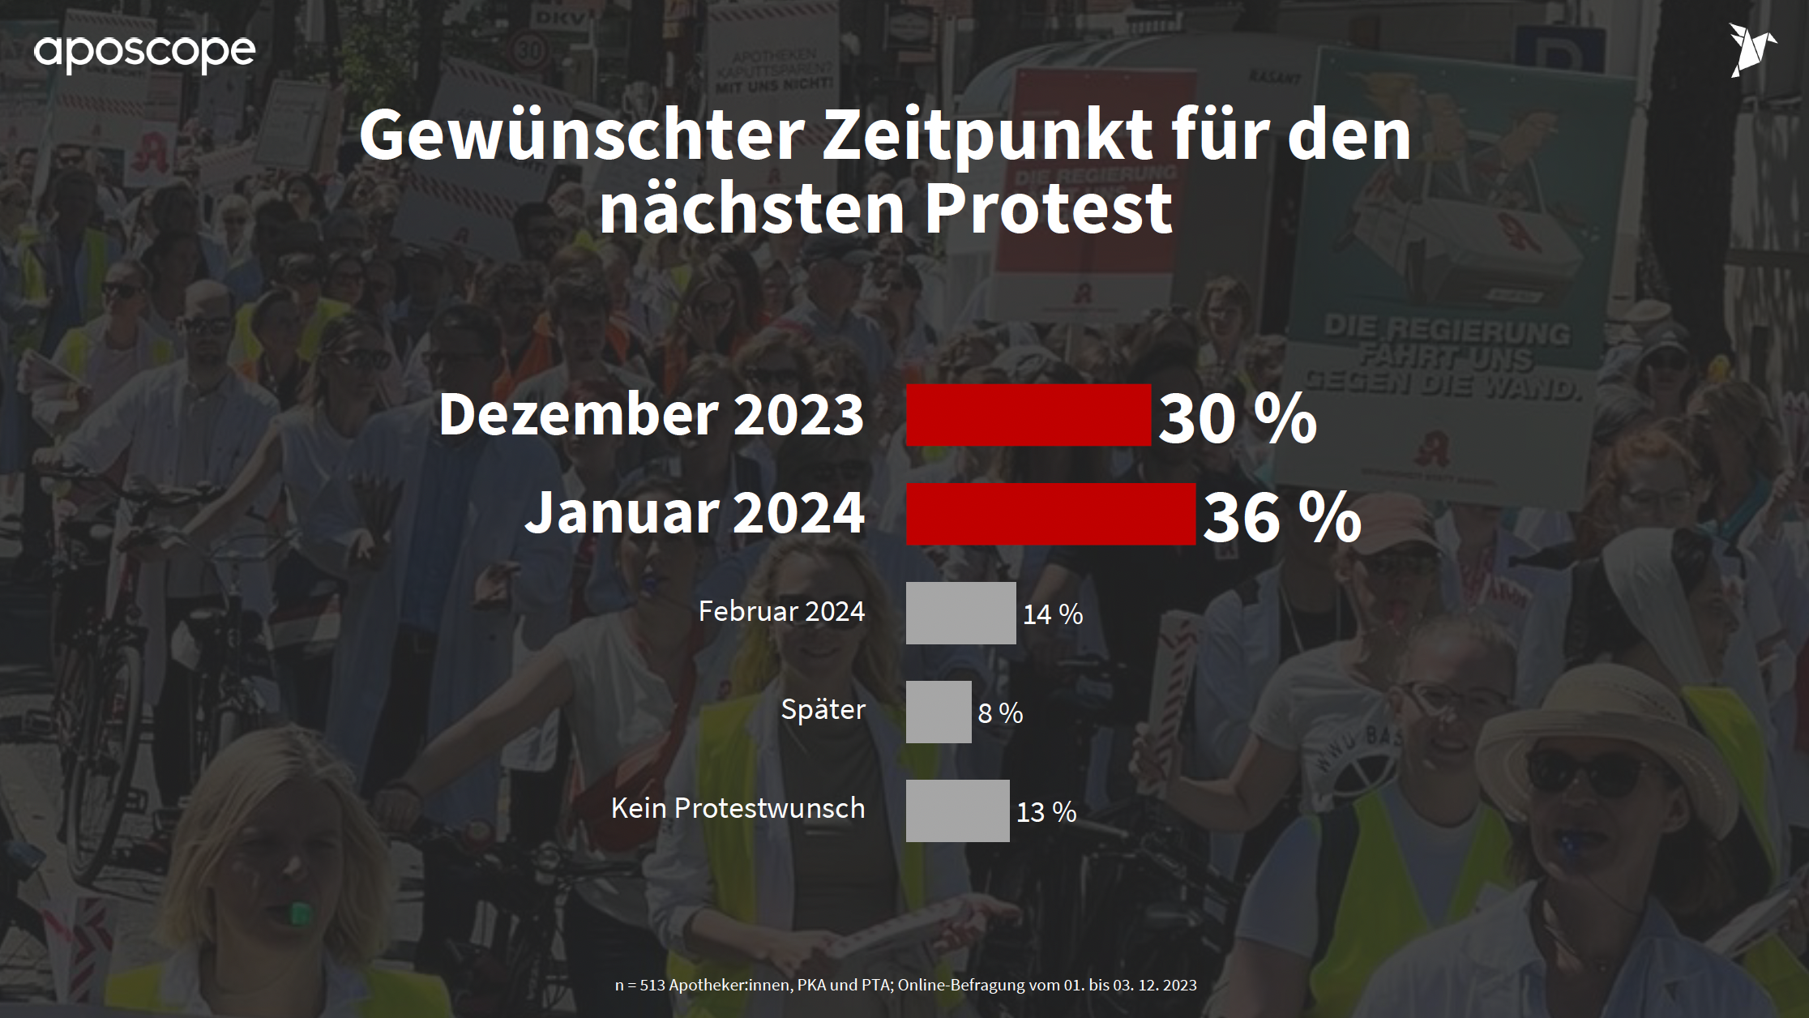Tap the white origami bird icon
[x=1751, y=50]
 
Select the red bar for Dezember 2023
[x=1028, y=415]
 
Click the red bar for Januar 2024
[x=1050, y=514]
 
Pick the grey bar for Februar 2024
[x=960, y=613]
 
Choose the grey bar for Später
[x=939, y=712]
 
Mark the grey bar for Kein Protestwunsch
[x=957, y=811]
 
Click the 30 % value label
[x=1237, y=418]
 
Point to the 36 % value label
[x=1281, y=517]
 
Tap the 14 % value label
[x=1053, y=614]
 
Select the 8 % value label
[x=1000, y=713]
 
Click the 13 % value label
[x=1046, y=812]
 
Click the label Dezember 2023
[x=652, y=414]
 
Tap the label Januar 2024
[x=695, y=512]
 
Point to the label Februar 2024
[x=781, y=611]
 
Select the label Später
[x=823, y=710]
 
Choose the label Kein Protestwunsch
[x=738, y=808]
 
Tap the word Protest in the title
[x=1048, y=207]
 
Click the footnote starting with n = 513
[x=905, y=986]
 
